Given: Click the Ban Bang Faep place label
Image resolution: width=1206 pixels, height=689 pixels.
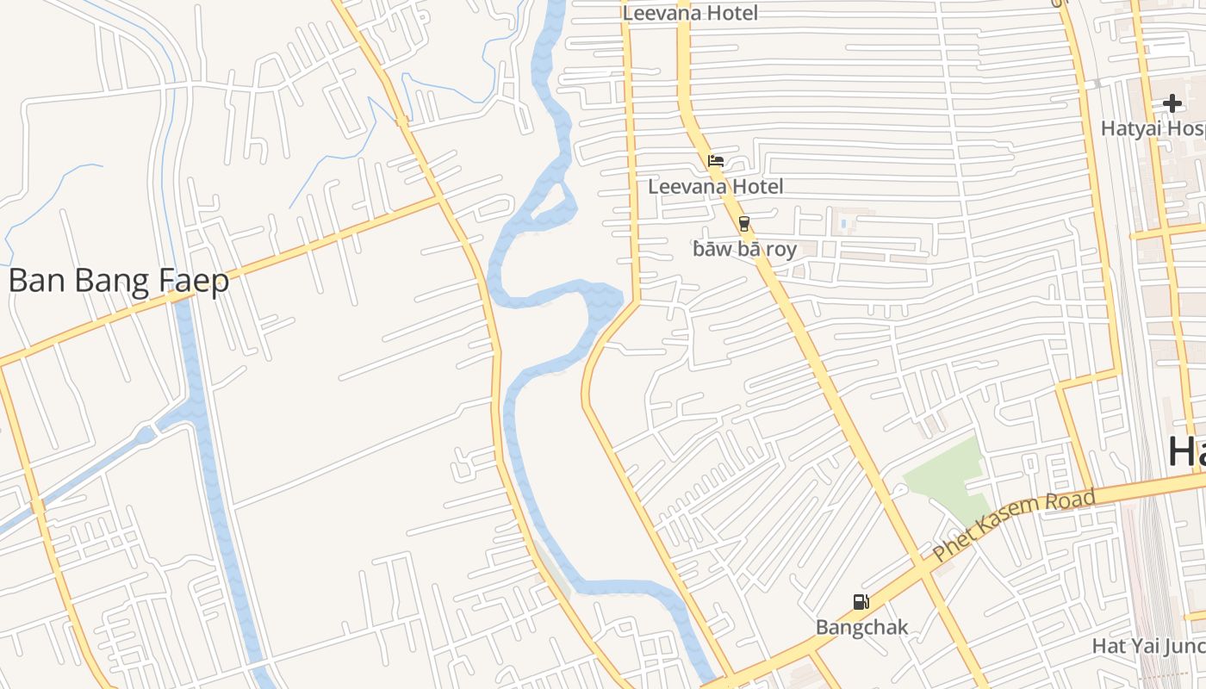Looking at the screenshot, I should coord(119,281).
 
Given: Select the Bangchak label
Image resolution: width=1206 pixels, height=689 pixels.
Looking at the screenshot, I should coord(861,627).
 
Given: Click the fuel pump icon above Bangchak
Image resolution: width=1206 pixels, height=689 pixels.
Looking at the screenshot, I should coord(861,602).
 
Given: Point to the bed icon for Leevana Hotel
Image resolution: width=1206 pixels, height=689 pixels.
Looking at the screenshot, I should coord(715,161).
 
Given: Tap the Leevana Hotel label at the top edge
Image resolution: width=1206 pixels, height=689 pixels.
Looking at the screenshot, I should coord(690,12).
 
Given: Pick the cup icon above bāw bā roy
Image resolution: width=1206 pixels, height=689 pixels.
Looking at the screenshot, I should coord(744,224).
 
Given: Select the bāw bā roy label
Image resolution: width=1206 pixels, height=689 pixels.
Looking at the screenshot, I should coord(744,250).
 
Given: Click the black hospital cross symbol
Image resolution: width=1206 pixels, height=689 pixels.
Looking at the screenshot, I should coord(1172,104).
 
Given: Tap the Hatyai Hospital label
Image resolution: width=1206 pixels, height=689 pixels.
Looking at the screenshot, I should coord(1153,128).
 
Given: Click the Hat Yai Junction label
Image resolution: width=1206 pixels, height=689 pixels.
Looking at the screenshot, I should coord(1148,645).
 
